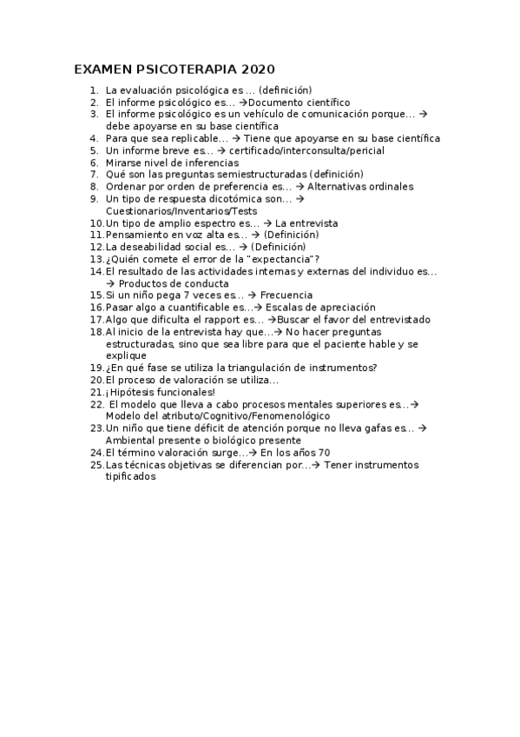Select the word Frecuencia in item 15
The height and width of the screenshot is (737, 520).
(x=286, y=295)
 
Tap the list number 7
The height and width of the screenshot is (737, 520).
(x=94, y=175)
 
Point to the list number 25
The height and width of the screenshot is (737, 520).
(x=95, y=465)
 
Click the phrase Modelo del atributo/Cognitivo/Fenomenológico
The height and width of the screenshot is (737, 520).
(x=214, y=416)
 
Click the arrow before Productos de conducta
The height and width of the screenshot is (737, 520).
(x=109, y=283)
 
